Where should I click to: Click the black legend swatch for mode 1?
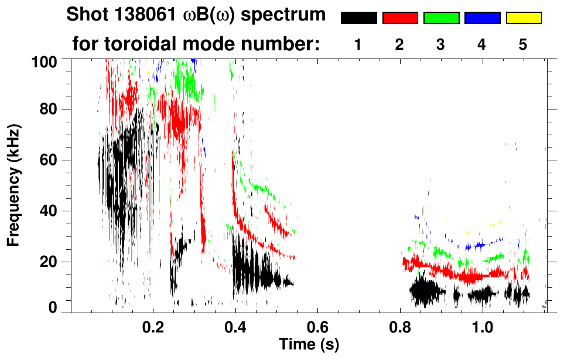(358, 18)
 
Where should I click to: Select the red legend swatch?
(400, 18)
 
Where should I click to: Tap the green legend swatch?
(441, 18)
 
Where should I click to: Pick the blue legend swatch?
(482, 18)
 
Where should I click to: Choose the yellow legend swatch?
(523, 18)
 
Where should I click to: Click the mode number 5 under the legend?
(523, 46)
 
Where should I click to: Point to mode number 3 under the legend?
(440, 46)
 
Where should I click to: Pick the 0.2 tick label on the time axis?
(153, 325)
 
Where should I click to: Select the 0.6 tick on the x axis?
(317, 325)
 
